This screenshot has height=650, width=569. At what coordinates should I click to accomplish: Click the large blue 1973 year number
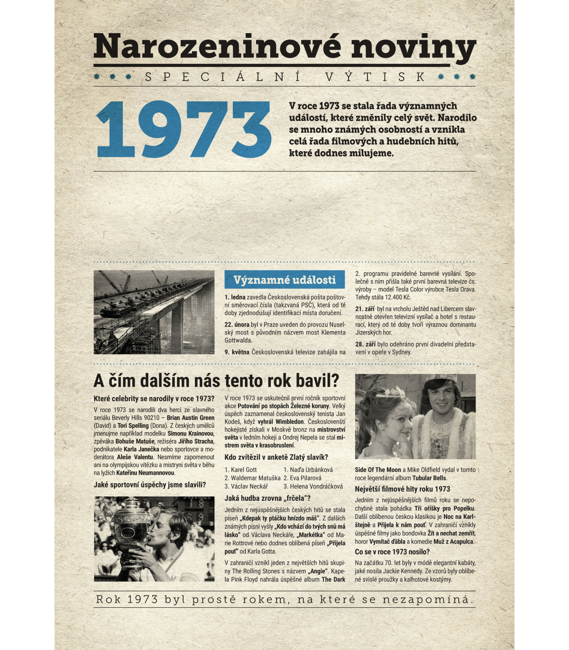(x=184, y=129)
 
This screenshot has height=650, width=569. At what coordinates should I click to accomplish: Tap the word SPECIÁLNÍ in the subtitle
(x=223, y=77)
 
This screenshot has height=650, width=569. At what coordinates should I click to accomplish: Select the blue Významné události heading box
(x=284, y=280)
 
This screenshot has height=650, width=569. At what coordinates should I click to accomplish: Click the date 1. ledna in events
(x=235, y=297)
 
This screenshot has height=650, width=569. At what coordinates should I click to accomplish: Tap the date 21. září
(x=365, y=309)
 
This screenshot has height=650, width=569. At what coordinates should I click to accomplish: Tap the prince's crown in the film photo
(x=440, y=382)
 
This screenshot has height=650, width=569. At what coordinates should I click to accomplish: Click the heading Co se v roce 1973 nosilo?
(x=392, y=552)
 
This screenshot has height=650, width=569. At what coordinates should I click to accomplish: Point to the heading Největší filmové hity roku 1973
(x=403, y=489)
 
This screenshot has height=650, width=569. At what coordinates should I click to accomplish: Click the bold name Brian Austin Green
(x=191, y=418)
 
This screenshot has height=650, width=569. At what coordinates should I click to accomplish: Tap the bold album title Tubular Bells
(x=429, y=478)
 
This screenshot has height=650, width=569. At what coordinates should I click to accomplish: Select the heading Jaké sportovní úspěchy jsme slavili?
(x=150, y=485)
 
